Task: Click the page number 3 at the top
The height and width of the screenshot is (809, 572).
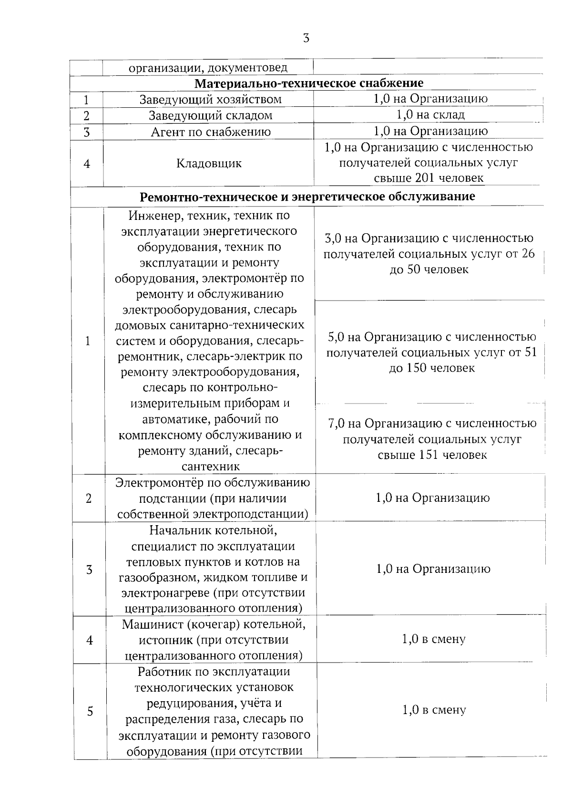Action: pyautogui.click(x=306, y=39)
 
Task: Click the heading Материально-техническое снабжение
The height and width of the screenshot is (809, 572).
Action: pyautogui.click(x=309, y=83)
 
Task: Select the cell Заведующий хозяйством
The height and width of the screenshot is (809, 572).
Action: pyautogui.click(x=210, y=99)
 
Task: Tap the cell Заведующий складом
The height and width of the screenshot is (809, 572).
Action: pyautogui.click(x=210, y=115)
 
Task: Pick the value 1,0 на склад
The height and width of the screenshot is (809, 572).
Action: pyautogui.click(x=430, y=114)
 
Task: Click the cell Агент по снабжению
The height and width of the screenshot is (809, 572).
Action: pyautogui.click(x=211, y=132)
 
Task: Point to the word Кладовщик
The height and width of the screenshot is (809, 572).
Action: pyautogui.click(x=209, y=164)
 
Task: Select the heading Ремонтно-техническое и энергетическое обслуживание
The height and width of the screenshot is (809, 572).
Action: pyautogui.click(x=307, y=197)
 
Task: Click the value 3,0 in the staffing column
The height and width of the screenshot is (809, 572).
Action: pyautogui.click(x=333, y=238)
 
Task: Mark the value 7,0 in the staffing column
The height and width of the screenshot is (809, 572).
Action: pyautogui.click(x=337, y=424)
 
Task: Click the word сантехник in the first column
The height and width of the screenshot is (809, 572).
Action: pyautogui.click(x=211, y=467)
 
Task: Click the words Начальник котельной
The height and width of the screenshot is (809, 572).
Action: pyautogui.click(x=213, y=530)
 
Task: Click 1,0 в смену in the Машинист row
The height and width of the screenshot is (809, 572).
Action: pyautogui.click(x=434, y=639)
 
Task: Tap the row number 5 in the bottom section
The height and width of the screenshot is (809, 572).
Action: pyautogui.click(x=90, y=711)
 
